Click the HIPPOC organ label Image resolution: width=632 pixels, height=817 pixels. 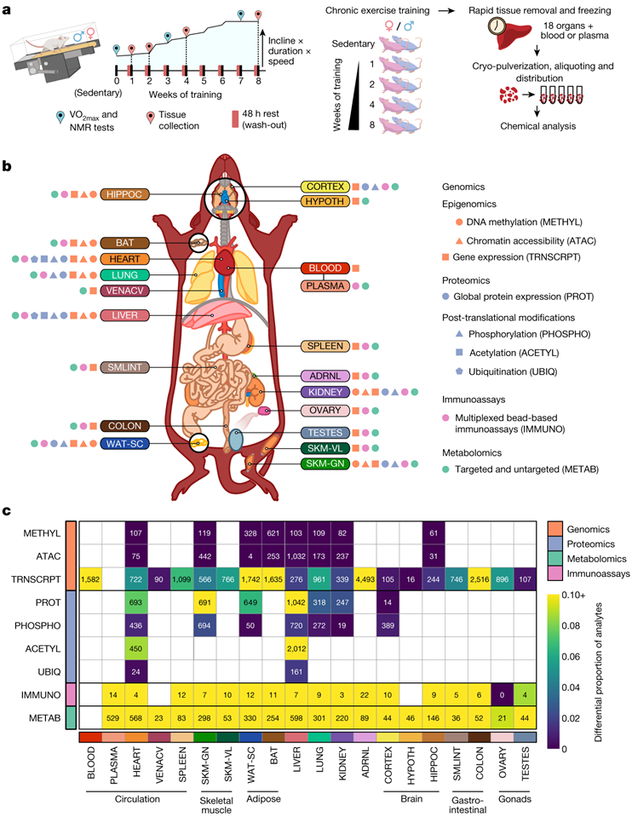pyautogui.click(x=125, y=194)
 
